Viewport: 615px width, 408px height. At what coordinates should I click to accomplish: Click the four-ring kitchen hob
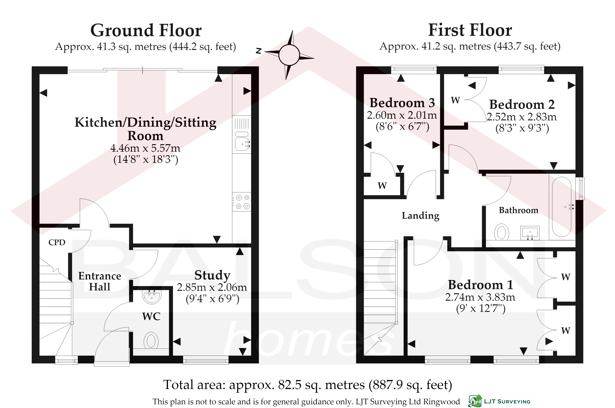pos(242,202)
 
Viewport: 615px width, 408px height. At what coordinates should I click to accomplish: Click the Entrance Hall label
pos(100,281)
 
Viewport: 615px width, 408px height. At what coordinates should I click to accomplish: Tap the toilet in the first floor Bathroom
pos(502,232)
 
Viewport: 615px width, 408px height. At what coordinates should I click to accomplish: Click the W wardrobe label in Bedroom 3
pos(382,186)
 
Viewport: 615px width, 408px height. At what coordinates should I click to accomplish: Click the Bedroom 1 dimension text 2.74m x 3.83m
pos(480,297)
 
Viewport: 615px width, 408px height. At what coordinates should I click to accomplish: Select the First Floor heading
pos(470,30)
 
